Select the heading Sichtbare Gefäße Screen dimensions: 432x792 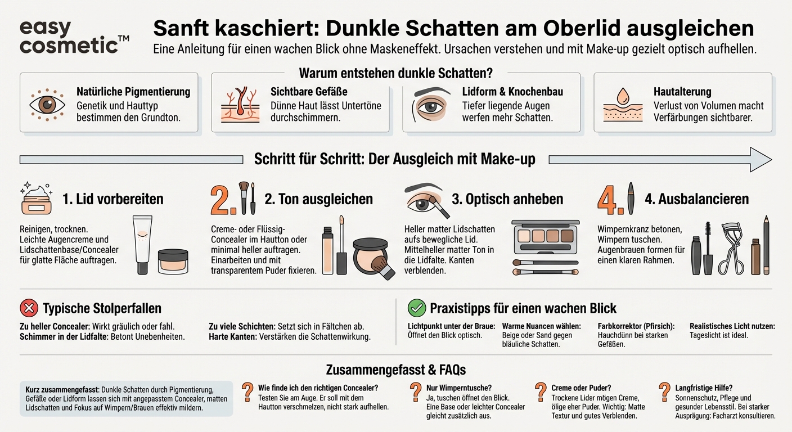(x=309, y=91)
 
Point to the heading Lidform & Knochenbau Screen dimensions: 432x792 (x=512, y=91)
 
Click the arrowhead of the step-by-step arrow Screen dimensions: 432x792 (x=760, y=159)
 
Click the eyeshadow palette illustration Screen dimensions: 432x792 (x=545, y=236)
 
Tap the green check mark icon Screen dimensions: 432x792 (x=416, y=308)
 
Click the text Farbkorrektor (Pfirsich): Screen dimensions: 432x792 (x=636, y=326)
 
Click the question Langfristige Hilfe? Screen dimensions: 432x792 (x=703, y=388)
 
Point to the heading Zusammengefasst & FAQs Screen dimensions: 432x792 (x=395, y=370)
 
